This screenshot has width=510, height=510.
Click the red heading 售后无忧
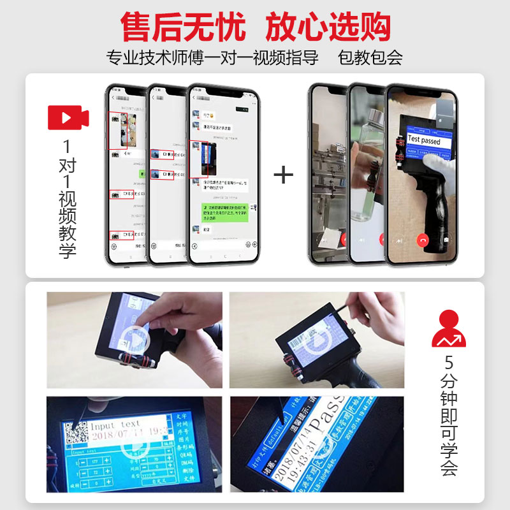click(184, 27)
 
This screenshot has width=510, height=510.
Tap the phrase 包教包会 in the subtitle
click(370, 57)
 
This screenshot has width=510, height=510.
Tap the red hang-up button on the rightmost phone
click(422, 240)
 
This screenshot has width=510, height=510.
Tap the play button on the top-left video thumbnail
click(135, 340)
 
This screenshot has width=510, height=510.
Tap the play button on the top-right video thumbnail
click(317, 341)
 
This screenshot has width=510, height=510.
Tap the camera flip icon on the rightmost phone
click(446, 240)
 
